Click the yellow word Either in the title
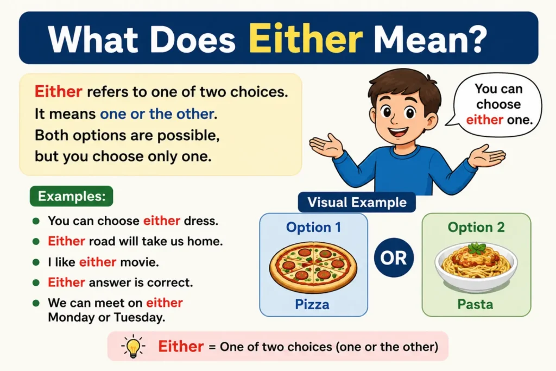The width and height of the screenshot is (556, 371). point(306,39)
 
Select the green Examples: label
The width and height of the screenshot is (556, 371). point(72,196)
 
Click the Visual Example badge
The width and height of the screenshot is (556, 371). point(357,202)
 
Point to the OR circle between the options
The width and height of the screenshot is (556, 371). point(394,257)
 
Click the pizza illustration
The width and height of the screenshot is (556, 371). point(313,267)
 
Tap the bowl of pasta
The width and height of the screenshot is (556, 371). point(476,265)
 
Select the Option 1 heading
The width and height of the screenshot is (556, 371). point(313,227)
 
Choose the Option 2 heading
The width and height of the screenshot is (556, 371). point(476,227)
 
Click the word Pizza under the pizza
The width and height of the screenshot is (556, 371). point(312,304)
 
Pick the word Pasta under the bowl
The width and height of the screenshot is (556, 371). point(475,304)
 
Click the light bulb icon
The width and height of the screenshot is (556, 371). point(134,347)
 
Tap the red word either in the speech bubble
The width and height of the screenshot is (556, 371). point(484,120)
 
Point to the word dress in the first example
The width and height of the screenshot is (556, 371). point(201,221)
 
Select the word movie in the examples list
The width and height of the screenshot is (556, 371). point(140,262)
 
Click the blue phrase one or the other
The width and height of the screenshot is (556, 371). point(157,114)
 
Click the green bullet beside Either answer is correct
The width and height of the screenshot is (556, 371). point(36,282)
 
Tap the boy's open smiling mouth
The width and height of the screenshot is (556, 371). point(398,132)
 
